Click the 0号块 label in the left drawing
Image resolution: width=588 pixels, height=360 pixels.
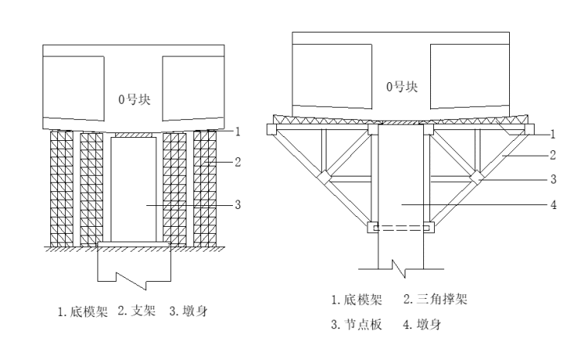[135, 99]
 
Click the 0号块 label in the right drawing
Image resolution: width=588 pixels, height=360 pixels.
[402, 87]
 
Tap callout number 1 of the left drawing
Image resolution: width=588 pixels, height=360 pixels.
[238, 132]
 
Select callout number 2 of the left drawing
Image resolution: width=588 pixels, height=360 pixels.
[238, 162]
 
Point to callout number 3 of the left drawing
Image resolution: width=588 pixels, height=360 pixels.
[238, 204]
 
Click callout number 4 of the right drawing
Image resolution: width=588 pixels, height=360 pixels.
[553, 204]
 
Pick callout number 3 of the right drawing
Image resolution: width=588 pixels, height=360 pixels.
[553, 179]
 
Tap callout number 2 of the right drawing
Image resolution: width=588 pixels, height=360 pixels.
[552, 155]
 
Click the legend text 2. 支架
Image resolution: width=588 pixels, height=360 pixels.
[136, 310]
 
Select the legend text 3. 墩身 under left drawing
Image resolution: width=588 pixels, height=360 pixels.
[188, 310]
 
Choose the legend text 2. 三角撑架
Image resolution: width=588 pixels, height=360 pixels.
[436, 299]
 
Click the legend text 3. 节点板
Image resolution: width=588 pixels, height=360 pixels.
[356, 324]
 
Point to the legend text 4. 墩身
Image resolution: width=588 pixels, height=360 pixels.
[422, 324]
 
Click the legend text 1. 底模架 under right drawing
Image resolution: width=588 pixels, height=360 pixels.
[356, 299]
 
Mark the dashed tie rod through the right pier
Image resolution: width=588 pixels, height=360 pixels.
[402, 228]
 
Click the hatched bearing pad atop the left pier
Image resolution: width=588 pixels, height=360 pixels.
[134, 135]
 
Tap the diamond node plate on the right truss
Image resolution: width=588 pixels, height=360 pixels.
[477, 177]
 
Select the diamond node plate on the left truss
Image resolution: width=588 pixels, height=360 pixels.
[324, 177]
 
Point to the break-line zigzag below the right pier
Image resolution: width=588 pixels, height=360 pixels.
[400, 269]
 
